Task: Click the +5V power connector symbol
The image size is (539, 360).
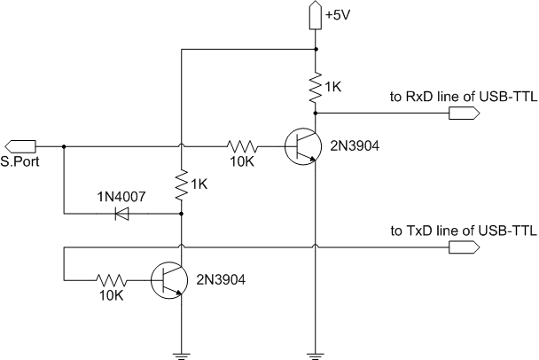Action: pyautogui.click(x=315, y=15)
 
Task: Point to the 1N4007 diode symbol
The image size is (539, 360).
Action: pyautogui.click(x=121, y=213)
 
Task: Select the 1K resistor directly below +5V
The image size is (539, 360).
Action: pyautogui.click(x=315, y=87)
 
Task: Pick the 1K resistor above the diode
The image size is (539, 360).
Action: pyautogui.click(x=181, y=184)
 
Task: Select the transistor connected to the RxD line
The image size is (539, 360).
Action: pyautogui.click(x=303, y=145)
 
